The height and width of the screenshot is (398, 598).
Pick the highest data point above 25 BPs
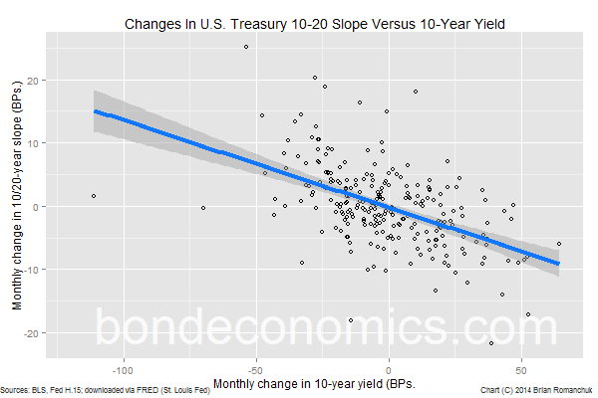[246, 47]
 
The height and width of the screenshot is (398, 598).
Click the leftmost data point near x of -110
[94, 196]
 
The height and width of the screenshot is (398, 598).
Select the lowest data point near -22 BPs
[491, 343]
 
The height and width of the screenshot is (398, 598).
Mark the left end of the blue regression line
[95, 110]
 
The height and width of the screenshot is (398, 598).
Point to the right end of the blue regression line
[559, 263]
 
